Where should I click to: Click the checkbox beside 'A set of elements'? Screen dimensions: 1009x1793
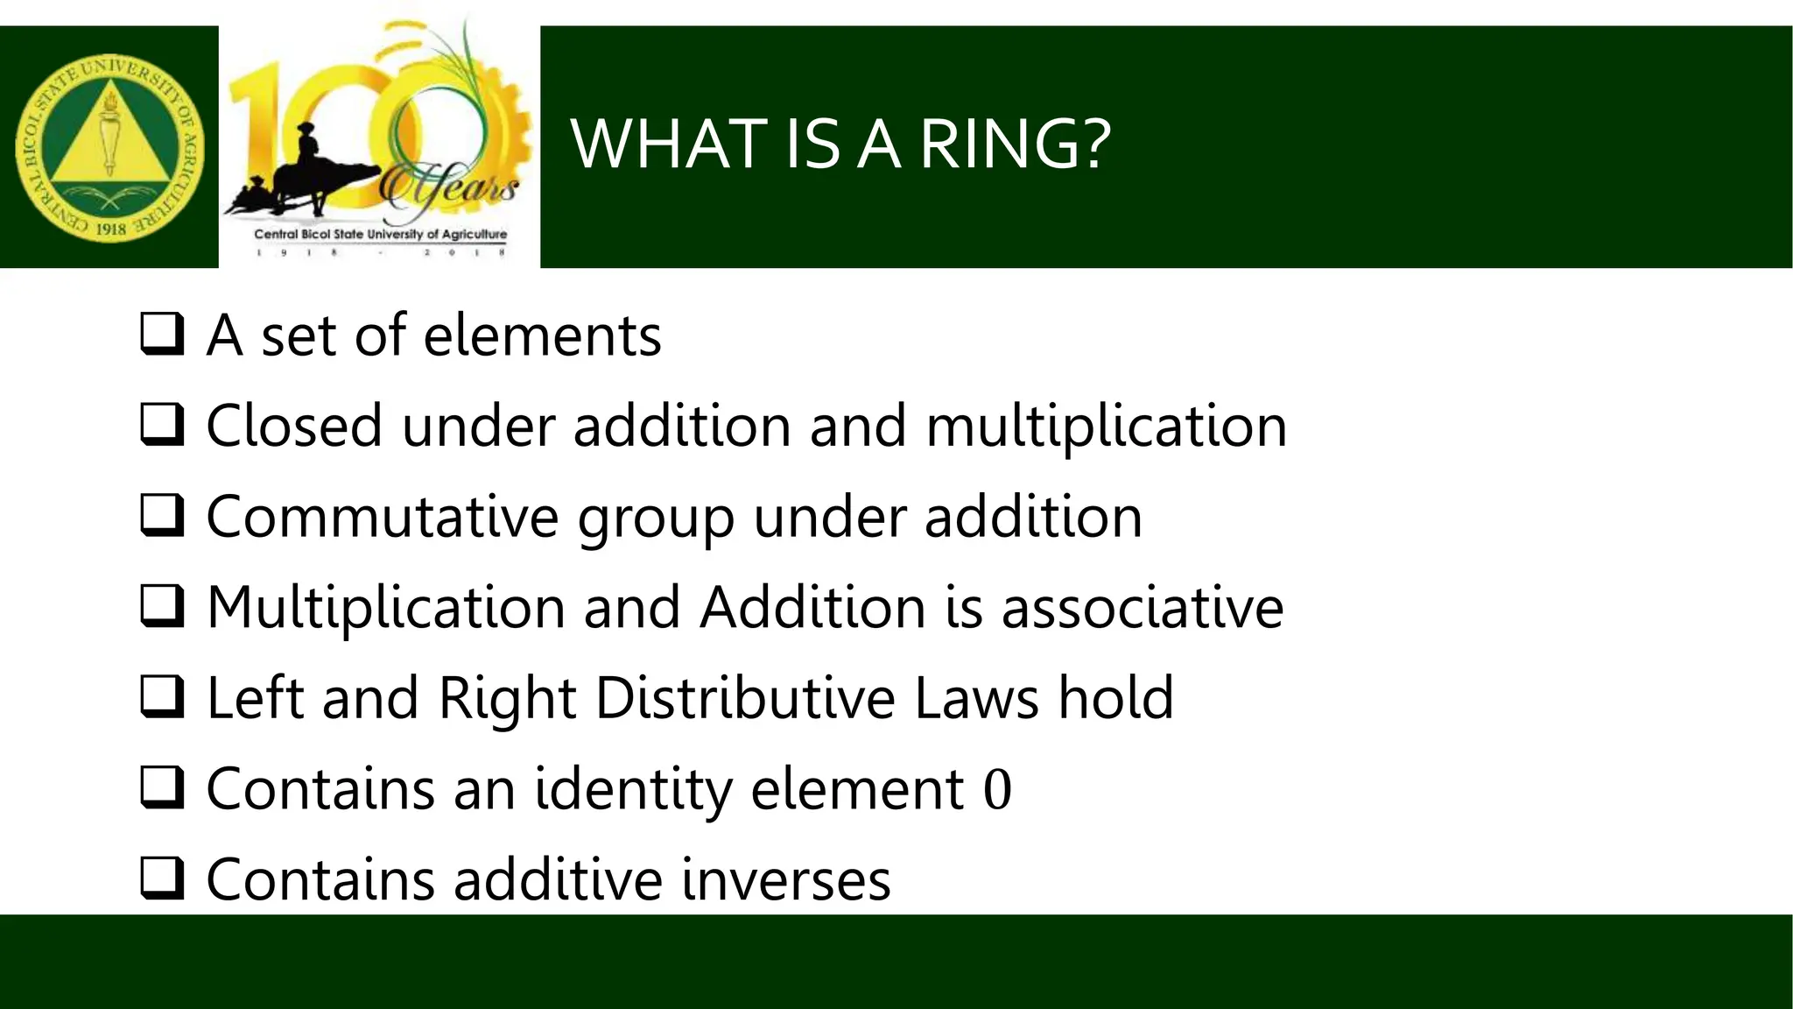162,334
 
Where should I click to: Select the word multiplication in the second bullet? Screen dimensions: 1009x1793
1106,427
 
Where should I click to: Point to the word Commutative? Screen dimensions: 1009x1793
382,517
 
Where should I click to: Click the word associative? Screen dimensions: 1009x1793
1142,608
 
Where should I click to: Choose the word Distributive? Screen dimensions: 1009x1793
745,698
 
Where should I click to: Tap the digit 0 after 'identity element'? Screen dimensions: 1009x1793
997,789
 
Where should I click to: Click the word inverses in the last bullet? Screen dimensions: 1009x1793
785,880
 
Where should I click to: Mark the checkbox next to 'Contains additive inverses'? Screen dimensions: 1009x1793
162,878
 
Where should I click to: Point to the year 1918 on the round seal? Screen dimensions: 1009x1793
111,229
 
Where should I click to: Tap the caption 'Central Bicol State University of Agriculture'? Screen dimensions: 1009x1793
380,235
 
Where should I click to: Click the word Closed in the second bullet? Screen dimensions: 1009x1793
294,427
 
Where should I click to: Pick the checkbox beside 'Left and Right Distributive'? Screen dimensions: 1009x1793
162,697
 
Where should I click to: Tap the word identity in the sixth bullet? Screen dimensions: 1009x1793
633,789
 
